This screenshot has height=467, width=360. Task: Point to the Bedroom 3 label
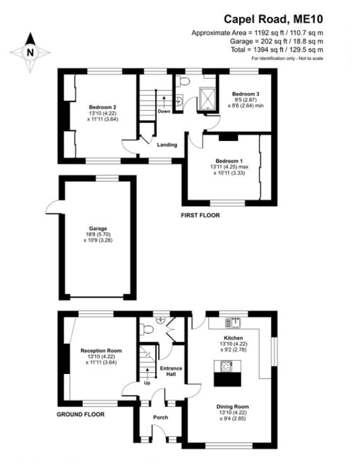(245, 94)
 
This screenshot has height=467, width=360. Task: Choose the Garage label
(97, 228)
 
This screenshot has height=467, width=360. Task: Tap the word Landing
(166, 144)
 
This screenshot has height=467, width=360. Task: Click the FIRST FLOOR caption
(200, 216)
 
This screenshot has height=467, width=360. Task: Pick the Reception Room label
(99, 350)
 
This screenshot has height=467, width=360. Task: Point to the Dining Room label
(232, 407)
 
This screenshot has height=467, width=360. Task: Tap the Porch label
(160, 417)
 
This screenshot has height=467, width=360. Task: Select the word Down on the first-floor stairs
(164, 111)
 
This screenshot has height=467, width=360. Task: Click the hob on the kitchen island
(226, 366)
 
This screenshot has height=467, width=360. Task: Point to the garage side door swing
(52, 207)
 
